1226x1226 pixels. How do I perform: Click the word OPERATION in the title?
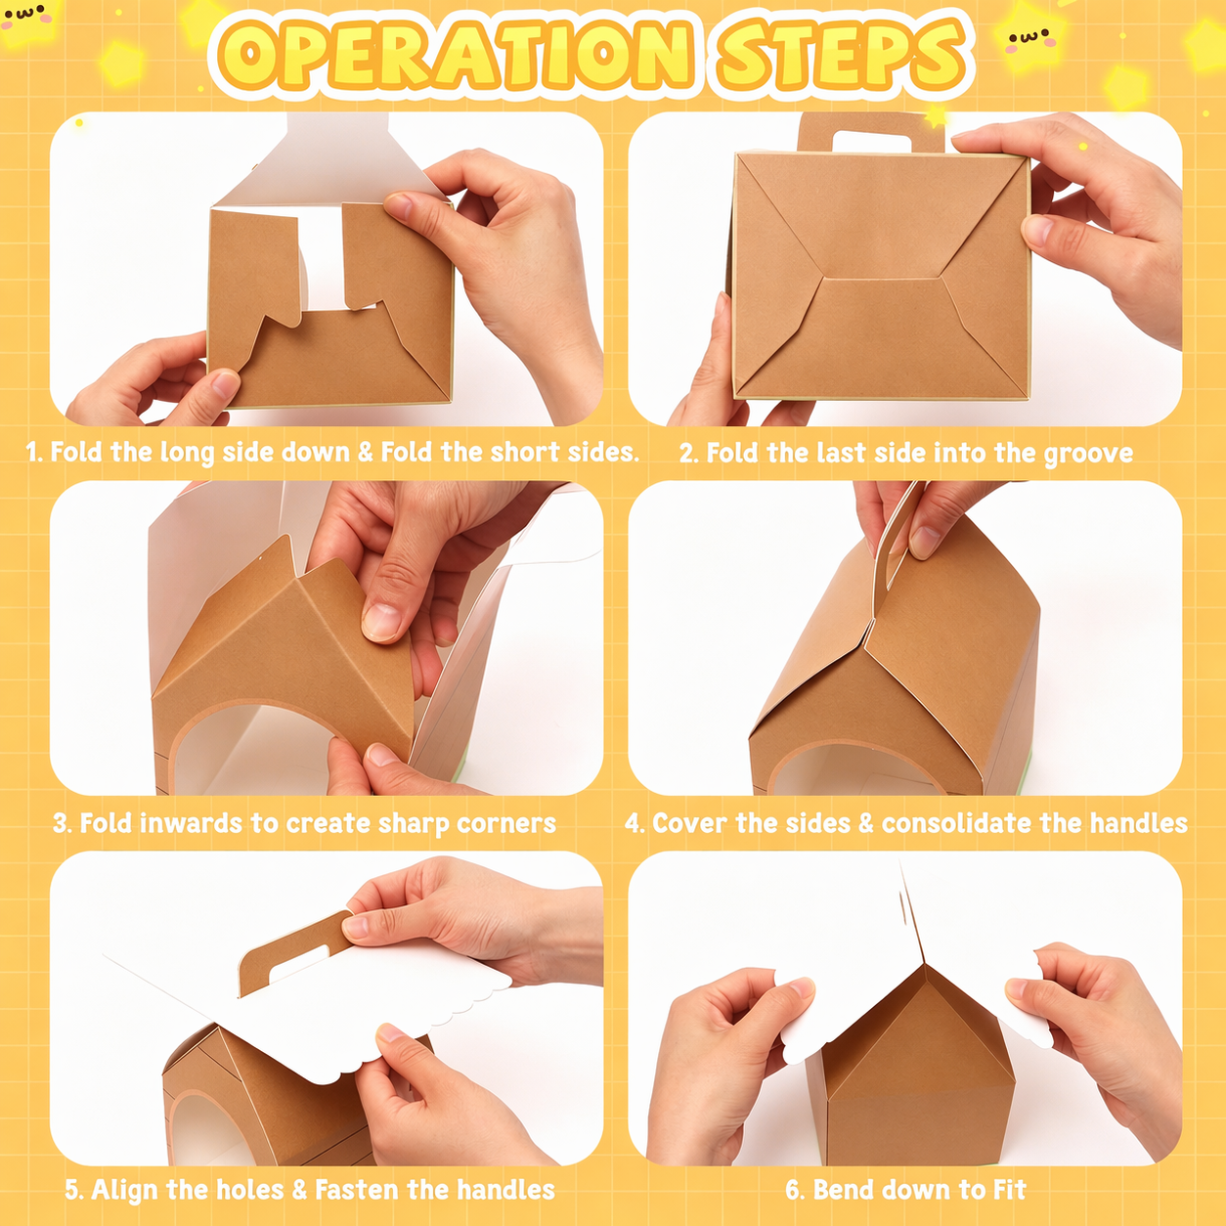[x=454, y=53]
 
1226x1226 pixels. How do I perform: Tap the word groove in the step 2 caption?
[x=1088, y=454]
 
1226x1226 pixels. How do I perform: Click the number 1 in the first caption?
[x=32, y=453]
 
